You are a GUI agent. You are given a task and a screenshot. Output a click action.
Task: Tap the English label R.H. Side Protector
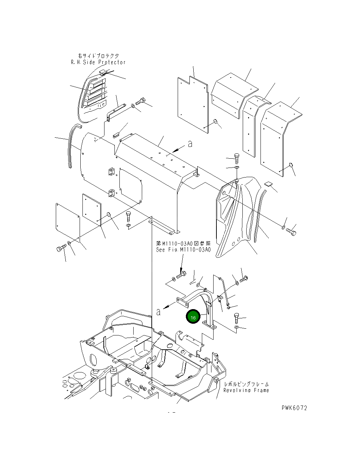point(98,62)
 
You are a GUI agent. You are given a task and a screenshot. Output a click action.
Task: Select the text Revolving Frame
point(246,390)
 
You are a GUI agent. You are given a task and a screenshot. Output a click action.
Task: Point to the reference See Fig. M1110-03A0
point(183,250)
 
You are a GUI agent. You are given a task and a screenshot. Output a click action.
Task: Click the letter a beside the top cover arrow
point(190,144)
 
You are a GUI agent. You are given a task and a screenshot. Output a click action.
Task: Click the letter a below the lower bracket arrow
point(158,312)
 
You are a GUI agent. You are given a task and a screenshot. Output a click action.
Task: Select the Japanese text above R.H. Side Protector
point(98,56)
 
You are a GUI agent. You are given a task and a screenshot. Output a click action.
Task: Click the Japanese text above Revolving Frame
point(246,384)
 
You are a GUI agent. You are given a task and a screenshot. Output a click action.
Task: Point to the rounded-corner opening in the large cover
point(130,184)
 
